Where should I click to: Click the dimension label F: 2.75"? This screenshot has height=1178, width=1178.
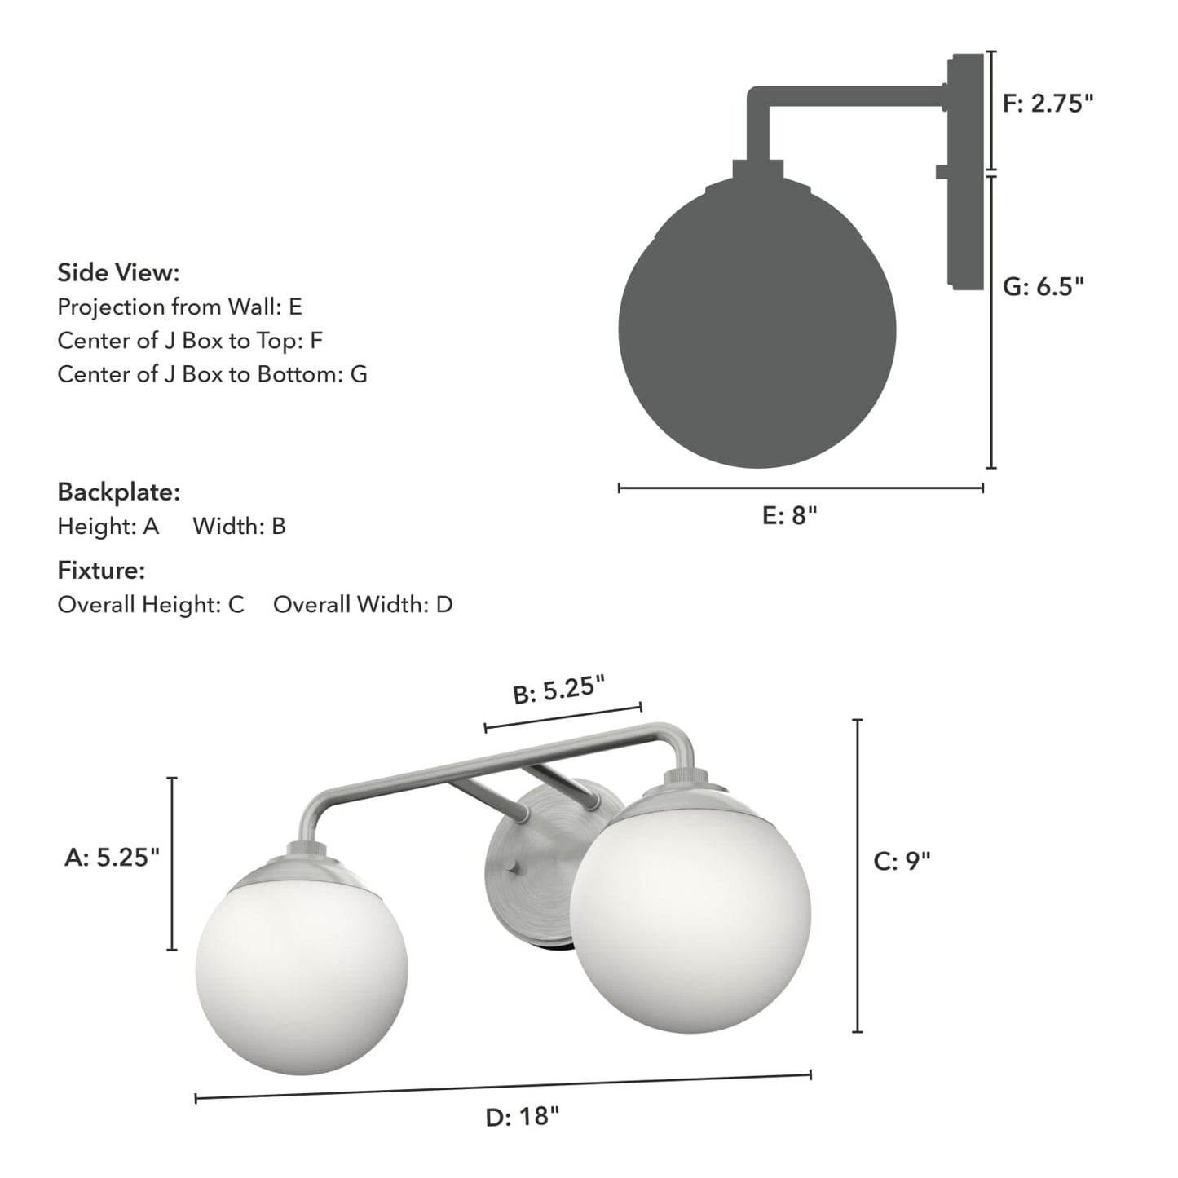coord(1047,104)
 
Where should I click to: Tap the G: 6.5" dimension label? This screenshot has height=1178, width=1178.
coord(1043,286)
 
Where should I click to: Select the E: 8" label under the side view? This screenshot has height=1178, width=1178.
coord(789,515)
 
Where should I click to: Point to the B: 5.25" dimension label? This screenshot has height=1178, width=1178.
coord(558,690)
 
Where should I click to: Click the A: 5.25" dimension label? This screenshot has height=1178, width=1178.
coord(112,857)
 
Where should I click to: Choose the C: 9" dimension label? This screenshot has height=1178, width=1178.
coord(902,861)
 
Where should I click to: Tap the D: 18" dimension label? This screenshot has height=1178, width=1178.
coord(523,1116)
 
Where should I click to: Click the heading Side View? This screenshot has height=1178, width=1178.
coord(118,272)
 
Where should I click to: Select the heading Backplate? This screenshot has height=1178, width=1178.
coord(118,492)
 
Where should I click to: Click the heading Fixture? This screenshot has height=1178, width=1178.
coord(101,570)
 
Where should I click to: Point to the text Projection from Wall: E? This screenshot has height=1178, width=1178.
coord(179,307)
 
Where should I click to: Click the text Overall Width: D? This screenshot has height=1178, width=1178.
coord(363,604)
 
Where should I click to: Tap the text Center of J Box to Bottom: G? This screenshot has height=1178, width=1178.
coord(212,374)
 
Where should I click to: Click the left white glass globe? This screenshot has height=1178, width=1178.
coord(301,970)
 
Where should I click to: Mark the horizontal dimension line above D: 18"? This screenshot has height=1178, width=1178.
coord(503,1087)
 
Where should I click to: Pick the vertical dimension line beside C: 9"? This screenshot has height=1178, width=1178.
coord(857,876)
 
